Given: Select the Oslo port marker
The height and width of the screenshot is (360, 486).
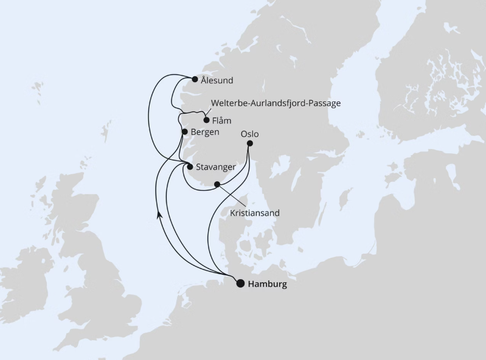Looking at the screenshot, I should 249,144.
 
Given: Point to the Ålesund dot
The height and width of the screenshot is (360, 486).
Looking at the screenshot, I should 195,79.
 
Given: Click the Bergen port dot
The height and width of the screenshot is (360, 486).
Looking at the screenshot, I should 184,131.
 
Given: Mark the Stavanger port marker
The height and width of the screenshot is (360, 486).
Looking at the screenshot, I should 190,167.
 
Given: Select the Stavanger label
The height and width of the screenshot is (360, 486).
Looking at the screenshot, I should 216,167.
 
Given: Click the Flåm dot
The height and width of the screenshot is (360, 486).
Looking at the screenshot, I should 206,120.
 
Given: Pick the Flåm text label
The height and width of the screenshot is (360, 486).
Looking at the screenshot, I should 222,120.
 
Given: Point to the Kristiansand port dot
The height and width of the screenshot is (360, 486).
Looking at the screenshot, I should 217,184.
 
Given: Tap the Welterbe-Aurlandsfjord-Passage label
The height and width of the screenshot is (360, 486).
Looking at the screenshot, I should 276,103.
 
